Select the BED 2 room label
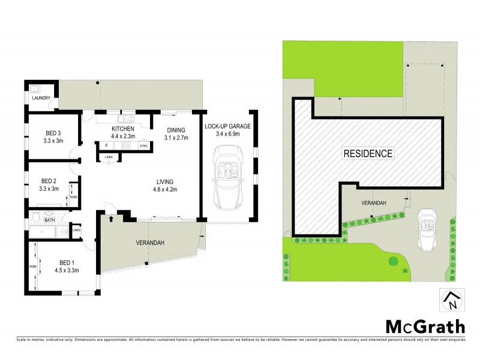[49, 181]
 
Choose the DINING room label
[176, 130]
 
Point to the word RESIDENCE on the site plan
[368, 154]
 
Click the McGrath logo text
[424, 326]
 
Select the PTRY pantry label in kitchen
[143, 146]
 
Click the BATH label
[49, 220]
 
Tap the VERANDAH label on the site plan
[373, 203]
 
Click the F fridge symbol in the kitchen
[106, 146]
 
